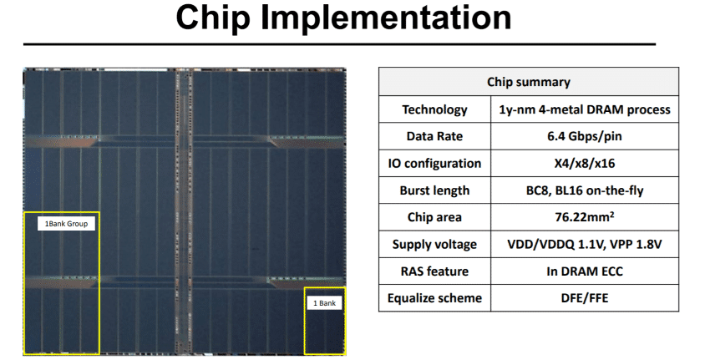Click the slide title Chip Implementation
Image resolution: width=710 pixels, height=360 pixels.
click(x=343, y=19)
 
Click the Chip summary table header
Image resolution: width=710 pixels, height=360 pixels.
click(x=528, y=82)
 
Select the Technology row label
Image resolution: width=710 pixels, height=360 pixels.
click(x=434, y=109)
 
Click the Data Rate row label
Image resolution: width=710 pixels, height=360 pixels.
click(x=434, y=136)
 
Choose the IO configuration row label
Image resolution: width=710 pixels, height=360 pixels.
click(x=434, y=164)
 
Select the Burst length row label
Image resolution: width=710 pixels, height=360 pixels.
click(x=434, y=190)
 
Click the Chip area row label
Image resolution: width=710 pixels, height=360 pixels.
click(x=434, y=217)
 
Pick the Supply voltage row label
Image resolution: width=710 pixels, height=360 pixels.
click(x=434, y=245)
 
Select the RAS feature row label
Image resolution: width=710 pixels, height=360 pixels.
click(x=434, y=271)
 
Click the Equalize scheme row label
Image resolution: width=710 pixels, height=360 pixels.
click(x=434, y=298)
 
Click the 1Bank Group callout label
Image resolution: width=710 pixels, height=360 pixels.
click(x=66, y=223)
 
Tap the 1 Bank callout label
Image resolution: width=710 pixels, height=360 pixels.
click(x=324, y=303)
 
